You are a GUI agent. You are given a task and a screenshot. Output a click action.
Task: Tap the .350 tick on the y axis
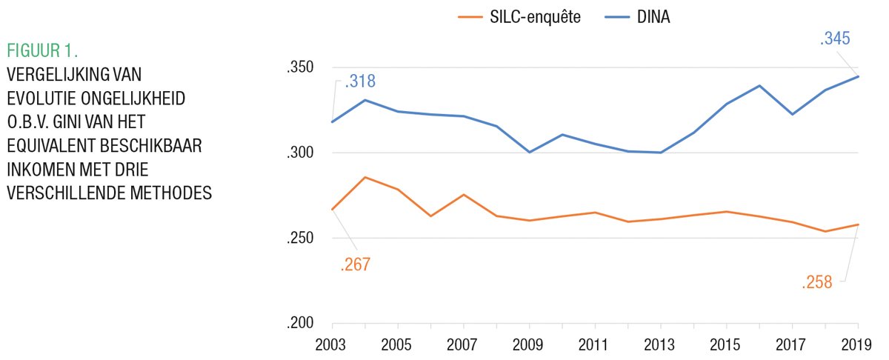[301, 68]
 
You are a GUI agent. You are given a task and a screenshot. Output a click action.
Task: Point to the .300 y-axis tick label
[301, 153]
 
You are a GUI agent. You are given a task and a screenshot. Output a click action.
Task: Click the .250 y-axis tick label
[301, 239]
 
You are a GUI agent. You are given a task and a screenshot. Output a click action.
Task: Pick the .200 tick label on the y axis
[301, 324]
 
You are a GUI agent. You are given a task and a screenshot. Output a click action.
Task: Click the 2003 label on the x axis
[333, 345]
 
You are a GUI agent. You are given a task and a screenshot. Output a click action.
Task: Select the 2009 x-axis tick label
[530, 345]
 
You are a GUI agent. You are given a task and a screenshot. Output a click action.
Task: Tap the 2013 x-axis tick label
[661, 345]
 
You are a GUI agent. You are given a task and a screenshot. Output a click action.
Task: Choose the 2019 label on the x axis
[858, 345]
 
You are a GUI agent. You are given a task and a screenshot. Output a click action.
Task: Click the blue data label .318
[361, 81]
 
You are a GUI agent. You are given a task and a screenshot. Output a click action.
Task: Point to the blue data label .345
[836, 39]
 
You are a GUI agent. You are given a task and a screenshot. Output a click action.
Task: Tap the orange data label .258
[817, 281]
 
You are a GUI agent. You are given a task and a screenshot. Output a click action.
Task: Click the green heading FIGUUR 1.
[43, 51]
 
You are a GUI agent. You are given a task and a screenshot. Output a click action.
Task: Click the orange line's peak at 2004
[366, 177]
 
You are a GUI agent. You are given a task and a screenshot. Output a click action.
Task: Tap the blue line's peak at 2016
[760, 85]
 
